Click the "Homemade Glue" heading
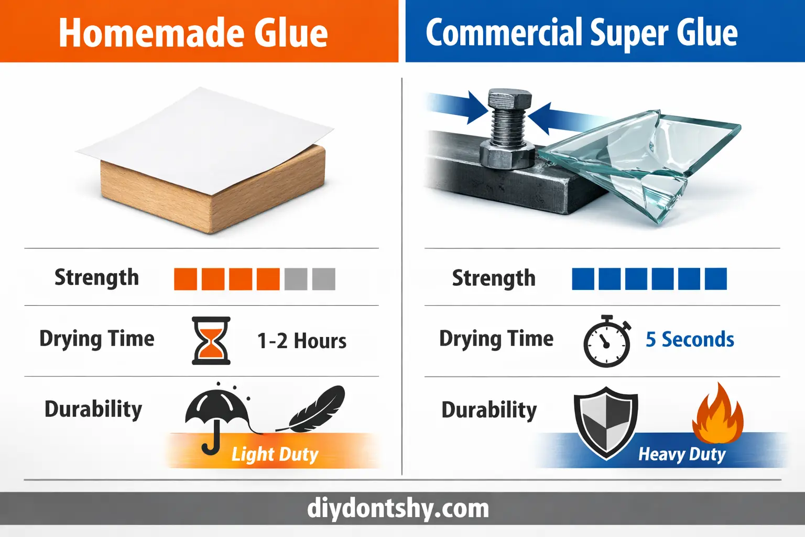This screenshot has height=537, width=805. tap(193, 33)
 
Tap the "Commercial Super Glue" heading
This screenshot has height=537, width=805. tap(581, 33)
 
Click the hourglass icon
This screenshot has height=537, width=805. tap(211, 340)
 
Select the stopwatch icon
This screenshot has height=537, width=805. tap(607, 342)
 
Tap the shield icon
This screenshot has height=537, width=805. tap(606, 422)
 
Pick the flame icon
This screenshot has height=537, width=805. tap(718, 414)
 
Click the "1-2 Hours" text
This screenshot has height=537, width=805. tap(302, 341)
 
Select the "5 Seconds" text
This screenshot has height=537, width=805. tap(690, 340)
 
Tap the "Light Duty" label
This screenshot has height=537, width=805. tap(275, 454)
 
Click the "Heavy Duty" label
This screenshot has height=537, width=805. tap(682, 454)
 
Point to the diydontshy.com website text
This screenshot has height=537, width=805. tap(398, 509)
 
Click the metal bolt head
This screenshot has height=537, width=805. tap(509, 99)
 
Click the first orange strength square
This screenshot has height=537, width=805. tap(186, 279)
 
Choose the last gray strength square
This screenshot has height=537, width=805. tap(323, 279)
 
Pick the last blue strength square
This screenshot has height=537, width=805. tap(715, 279)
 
